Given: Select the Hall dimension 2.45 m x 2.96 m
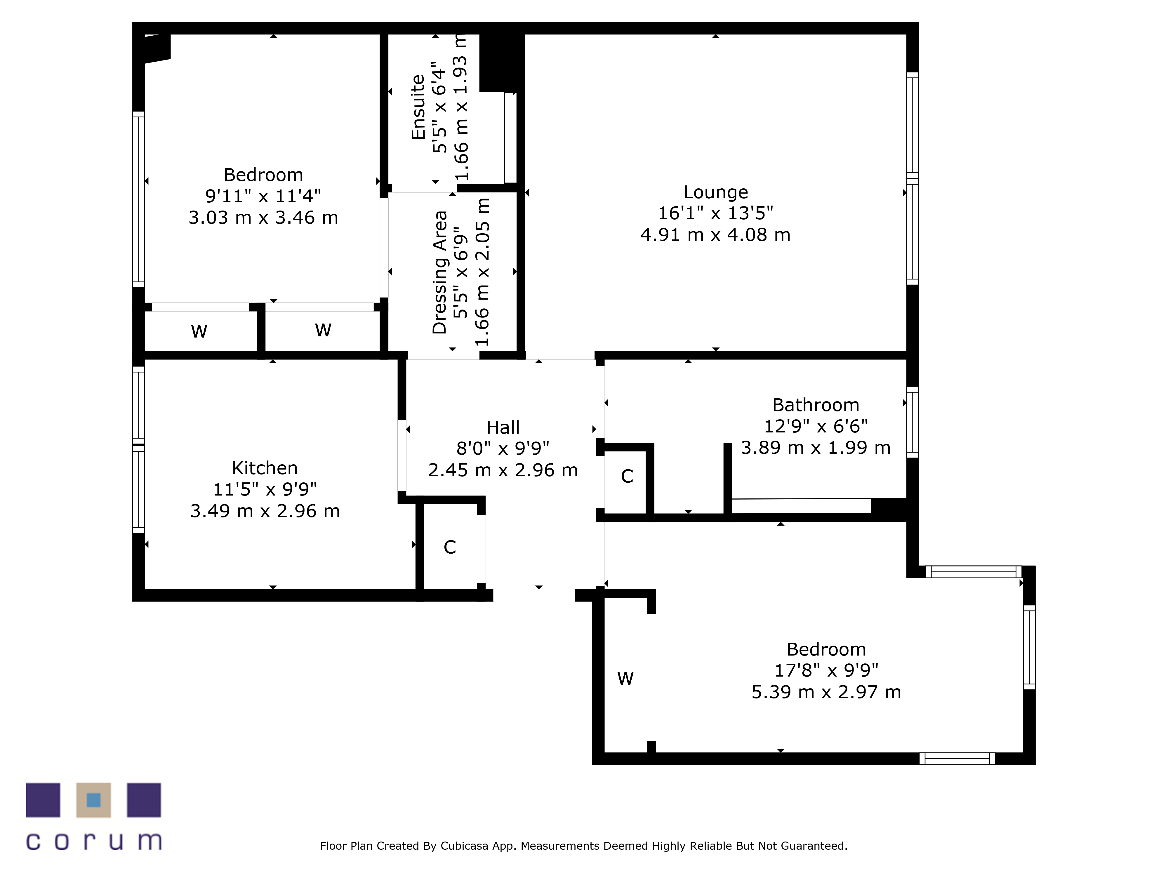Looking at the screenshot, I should [503, 470].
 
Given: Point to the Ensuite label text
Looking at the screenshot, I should [418, 107].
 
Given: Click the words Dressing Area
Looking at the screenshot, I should [439, 272].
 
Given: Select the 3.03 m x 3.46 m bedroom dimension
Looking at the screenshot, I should [263, 218].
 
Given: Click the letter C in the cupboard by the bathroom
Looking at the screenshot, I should [627, 476].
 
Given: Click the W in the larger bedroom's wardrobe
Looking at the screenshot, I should [625, 679].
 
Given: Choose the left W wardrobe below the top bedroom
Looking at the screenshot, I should [199, 331].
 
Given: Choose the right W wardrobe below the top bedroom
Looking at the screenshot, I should [323, 330].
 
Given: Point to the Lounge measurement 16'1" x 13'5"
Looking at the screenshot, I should [715, 213].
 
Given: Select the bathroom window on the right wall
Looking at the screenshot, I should [912, 423].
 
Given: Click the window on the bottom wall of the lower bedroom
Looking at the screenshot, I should [957, 759].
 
